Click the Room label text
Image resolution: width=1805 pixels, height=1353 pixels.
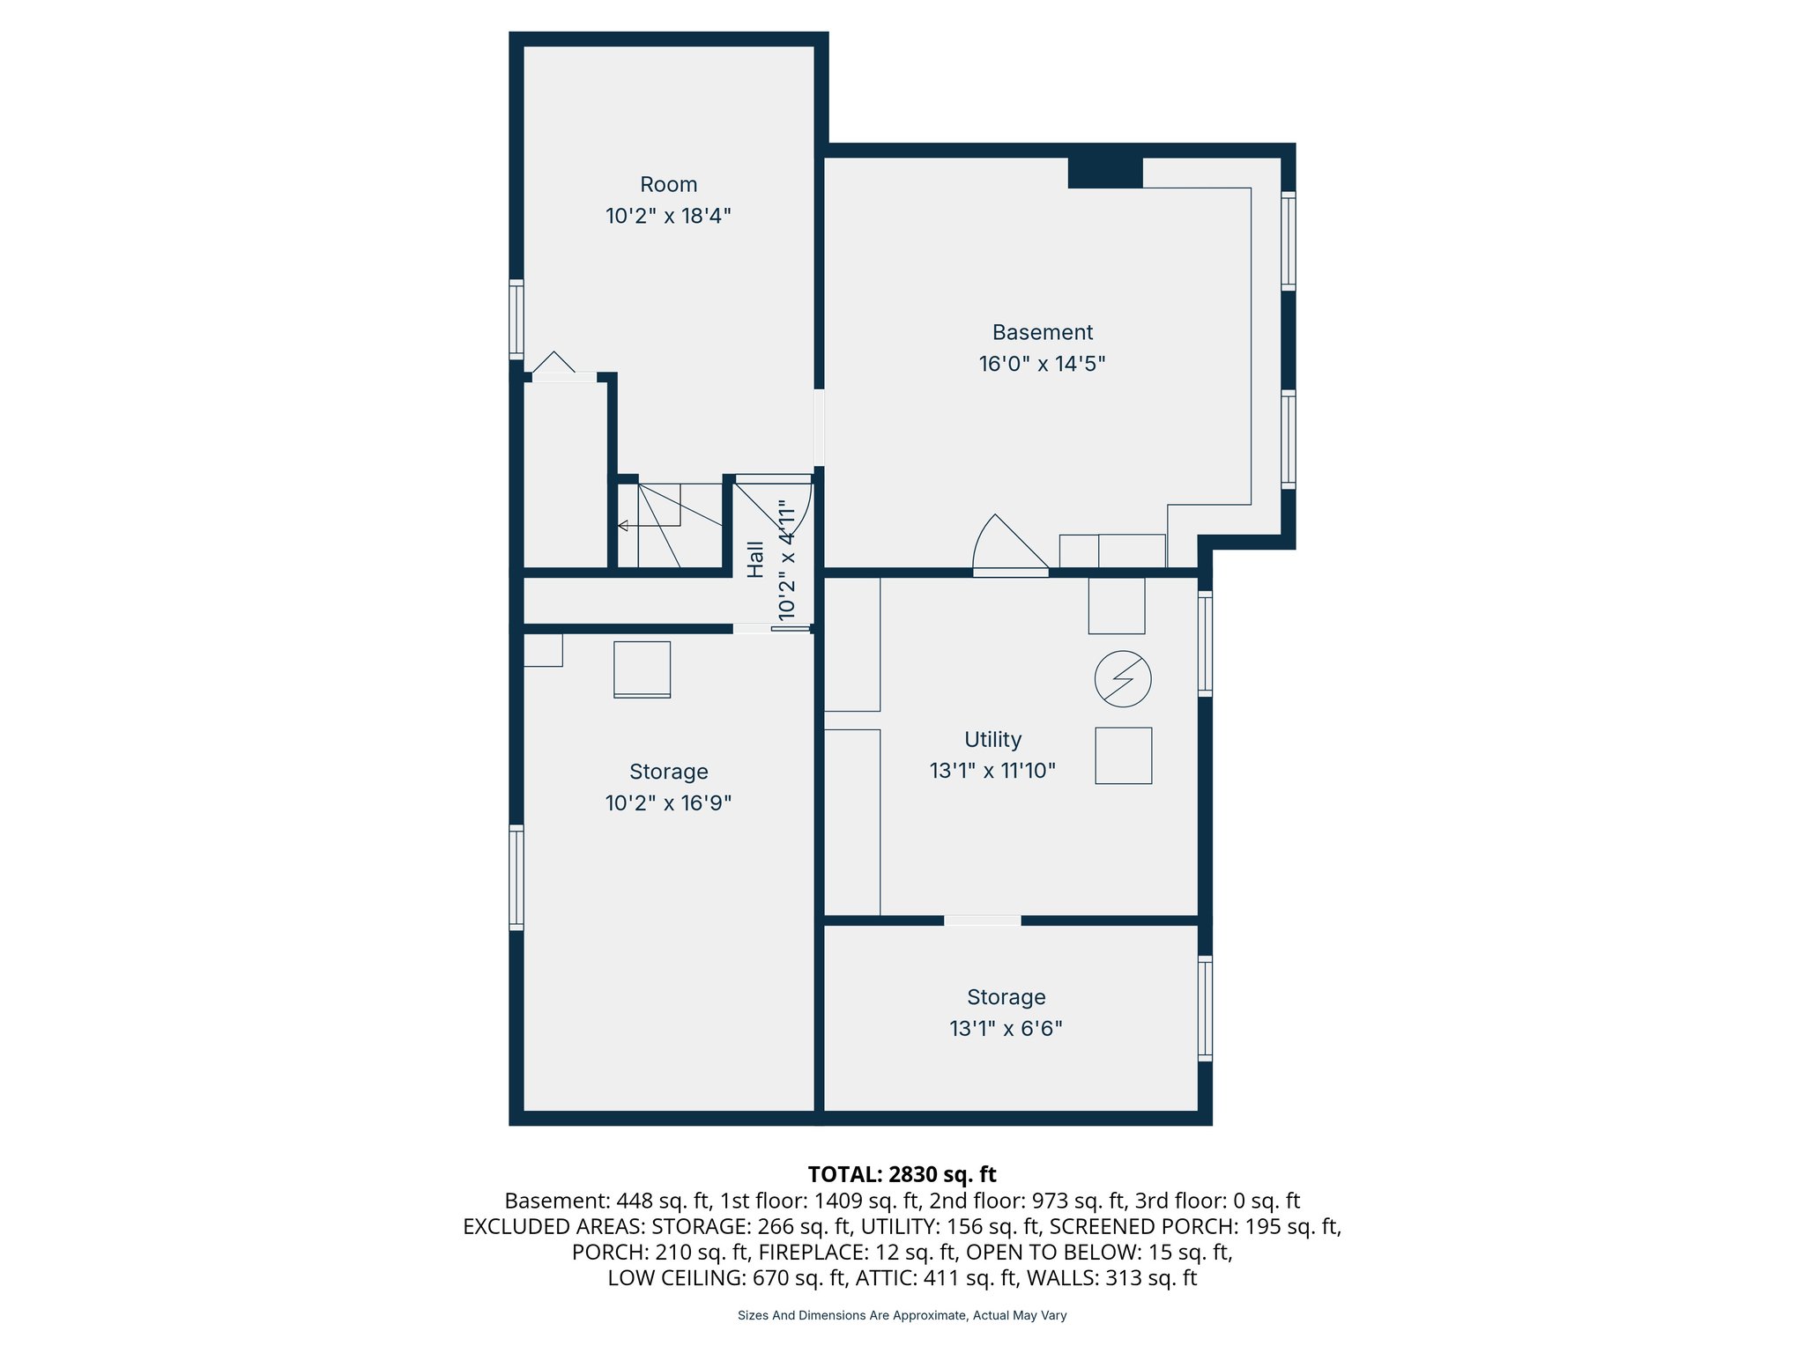pyautogui.click(x=668, y=185)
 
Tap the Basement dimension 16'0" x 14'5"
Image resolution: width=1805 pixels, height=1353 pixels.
pyautogui.click(x=1042, y=364)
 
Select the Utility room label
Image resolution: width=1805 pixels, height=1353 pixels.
pyautogui.click(x=992, y=740)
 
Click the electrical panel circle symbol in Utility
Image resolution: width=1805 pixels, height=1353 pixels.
pyautogui.click(x=1123, y=679)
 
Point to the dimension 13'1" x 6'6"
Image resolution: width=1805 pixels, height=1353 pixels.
pyautogui.click(x=1006, y=1029)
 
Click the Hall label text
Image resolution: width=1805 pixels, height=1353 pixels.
pyautogui.click(x=755, y=559)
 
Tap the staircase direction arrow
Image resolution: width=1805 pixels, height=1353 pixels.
pyautogui.click(x=623, y=526)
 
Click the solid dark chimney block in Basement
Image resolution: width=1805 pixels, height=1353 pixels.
pyautogui.click(x=1105, y=172)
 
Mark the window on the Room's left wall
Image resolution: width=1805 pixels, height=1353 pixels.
pyautogui.click(x=516, y=320)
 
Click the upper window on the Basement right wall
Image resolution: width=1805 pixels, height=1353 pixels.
pyautogui.click(x=1288, y=240)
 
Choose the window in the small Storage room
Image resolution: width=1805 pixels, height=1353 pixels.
pyautogui.click(x=1205, y=1009)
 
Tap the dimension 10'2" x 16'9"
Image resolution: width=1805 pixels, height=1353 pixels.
pyautogui.click(x=668, y=803)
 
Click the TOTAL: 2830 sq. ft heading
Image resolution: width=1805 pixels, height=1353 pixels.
pyautogui.click(x=902, y=1174)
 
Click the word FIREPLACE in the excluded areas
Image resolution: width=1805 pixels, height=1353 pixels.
pyautogui.click(x=809, y=1252)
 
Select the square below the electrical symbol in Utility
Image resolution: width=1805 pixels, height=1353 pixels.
pyautogui.click(x=1123, y=756)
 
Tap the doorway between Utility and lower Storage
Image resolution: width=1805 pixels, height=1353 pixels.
pyautogui.click(x=982, y=920)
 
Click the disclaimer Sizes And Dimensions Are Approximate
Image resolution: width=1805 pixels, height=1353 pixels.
pyautogui.click(x=902, y=1315)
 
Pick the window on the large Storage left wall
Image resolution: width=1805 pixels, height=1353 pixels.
pyautogui.click(x=516, y=877)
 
